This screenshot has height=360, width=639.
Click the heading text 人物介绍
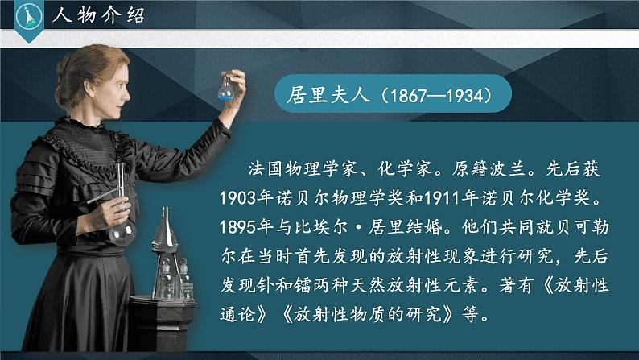(x=97, y=14)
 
